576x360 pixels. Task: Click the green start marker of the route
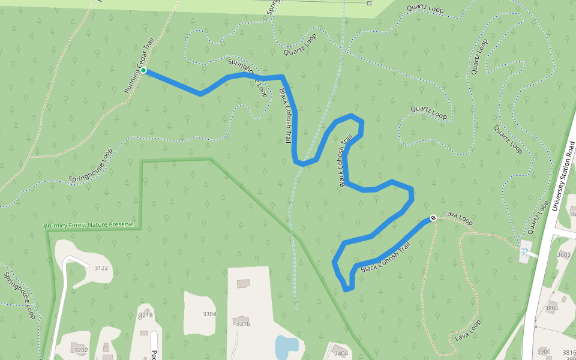[143, 71]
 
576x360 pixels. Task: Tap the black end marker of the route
[433, 218]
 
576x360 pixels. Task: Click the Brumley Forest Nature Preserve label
[88, 226]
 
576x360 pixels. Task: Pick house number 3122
[101, 268]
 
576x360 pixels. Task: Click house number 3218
[146, 315]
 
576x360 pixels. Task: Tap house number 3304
[209, 314]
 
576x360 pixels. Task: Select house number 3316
[243, 324]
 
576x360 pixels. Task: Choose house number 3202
[81, 350]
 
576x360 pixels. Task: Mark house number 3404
[341, 353]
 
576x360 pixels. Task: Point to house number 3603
[563, 254]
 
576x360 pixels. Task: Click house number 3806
[551, 308]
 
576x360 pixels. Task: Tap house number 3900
[544, 352]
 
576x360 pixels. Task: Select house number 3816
[569, 353]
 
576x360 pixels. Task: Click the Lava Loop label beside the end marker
[458, 218]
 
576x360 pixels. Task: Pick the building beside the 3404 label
[331, 347]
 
